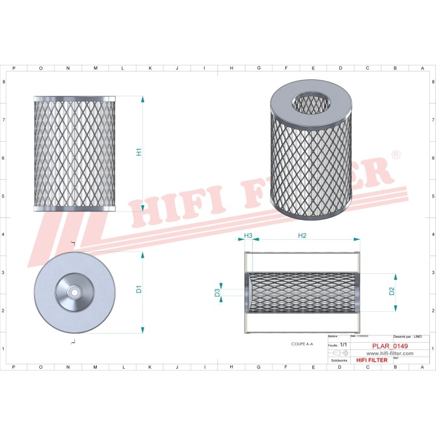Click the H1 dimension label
[139, 153]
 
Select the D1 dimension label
[139, 289]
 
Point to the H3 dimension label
[248, 236]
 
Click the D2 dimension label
[392, 291]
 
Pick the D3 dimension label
[217, 293]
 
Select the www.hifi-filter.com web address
[386, 354]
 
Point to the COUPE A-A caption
[302, 344]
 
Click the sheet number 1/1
[343, 345]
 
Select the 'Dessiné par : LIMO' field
[408, 336]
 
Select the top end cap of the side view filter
[74, 98]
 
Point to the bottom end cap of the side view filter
[74, 208]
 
